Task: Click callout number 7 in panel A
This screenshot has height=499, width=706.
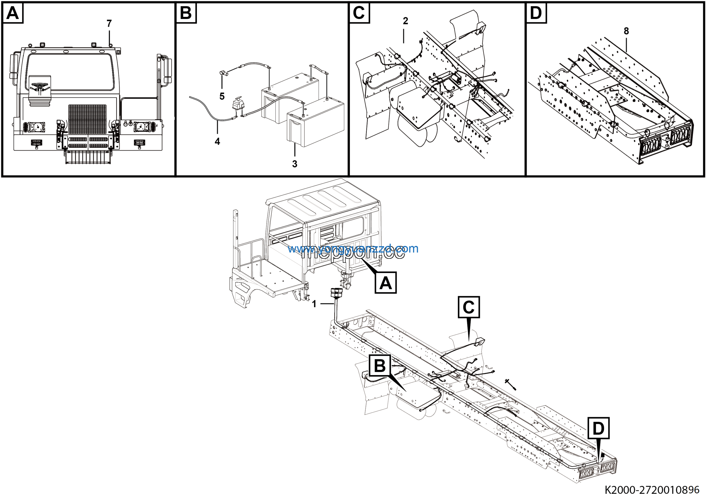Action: tap(109, 23)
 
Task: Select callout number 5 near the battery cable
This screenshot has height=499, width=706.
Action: tap(222, 96)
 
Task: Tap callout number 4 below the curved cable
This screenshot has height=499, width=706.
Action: tap(217, 142)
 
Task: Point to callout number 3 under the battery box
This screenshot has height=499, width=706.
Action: tap(295, 164)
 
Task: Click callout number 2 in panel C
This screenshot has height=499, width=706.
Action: tap(405, 21)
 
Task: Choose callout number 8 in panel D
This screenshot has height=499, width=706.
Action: tap(626, 31)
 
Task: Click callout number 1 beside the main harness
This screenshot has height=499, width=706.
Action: tap(314, 304)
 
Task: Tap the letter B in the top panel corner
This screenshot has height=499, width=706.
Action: tap(186, 13)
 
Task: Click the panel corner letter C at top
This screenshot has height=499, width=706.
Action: tap(359, 13)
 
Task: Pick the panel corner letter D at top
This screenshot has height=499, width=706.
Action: tap(536, 13)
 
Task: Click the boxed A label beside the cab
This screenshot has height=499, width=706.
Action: tap(386, 282)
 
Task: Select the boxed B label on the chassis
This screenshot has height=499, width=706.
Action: tap(380, 366)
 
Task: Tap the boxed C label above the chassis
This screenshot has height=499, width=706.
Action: tap(469, 307)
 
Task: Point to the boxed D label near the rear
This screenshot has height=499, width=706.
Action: tap(598, 428)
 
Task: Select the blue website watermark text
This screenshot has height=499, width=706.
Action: tap(353, 249)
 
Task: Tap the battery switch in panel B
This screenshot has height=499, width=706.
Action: tap(238, 105)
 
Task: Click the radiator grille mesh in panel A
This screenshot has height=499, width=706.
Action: tap(87, 119)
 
